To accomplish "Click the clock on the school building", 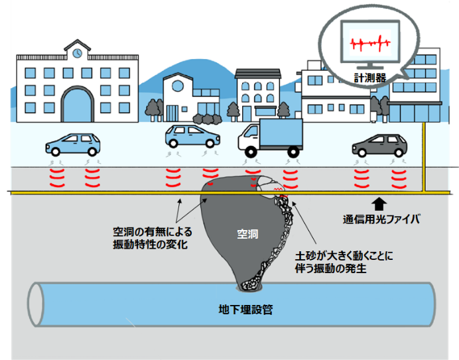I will (x=78, y=52).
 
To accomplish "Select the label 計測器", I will (x=368, y=78).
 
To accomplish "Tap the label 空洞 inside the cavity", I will (x=246, y=234).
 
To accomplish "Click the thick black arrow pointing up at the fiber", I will (x=379, y=203).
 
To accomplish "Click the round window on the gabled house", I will (x=177, y=87).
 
